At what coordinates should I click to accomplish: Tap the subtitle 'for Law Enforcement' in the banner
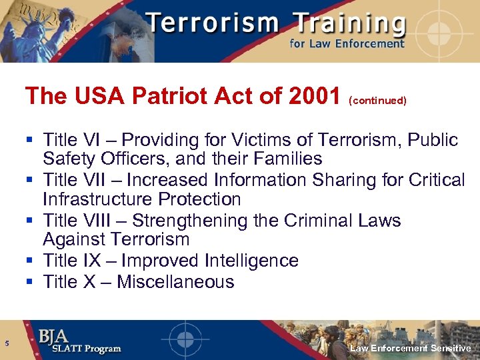pos(347,44)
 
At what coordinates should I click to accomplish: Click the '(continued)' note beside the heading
pos(377,100)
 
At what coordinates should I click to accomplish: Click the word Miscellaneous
pos(175,282)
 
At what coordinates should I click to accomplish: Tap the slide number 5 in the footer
pos(6,344)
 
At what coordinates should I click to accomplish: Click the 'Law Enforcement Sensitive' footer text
pos(411,349)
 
